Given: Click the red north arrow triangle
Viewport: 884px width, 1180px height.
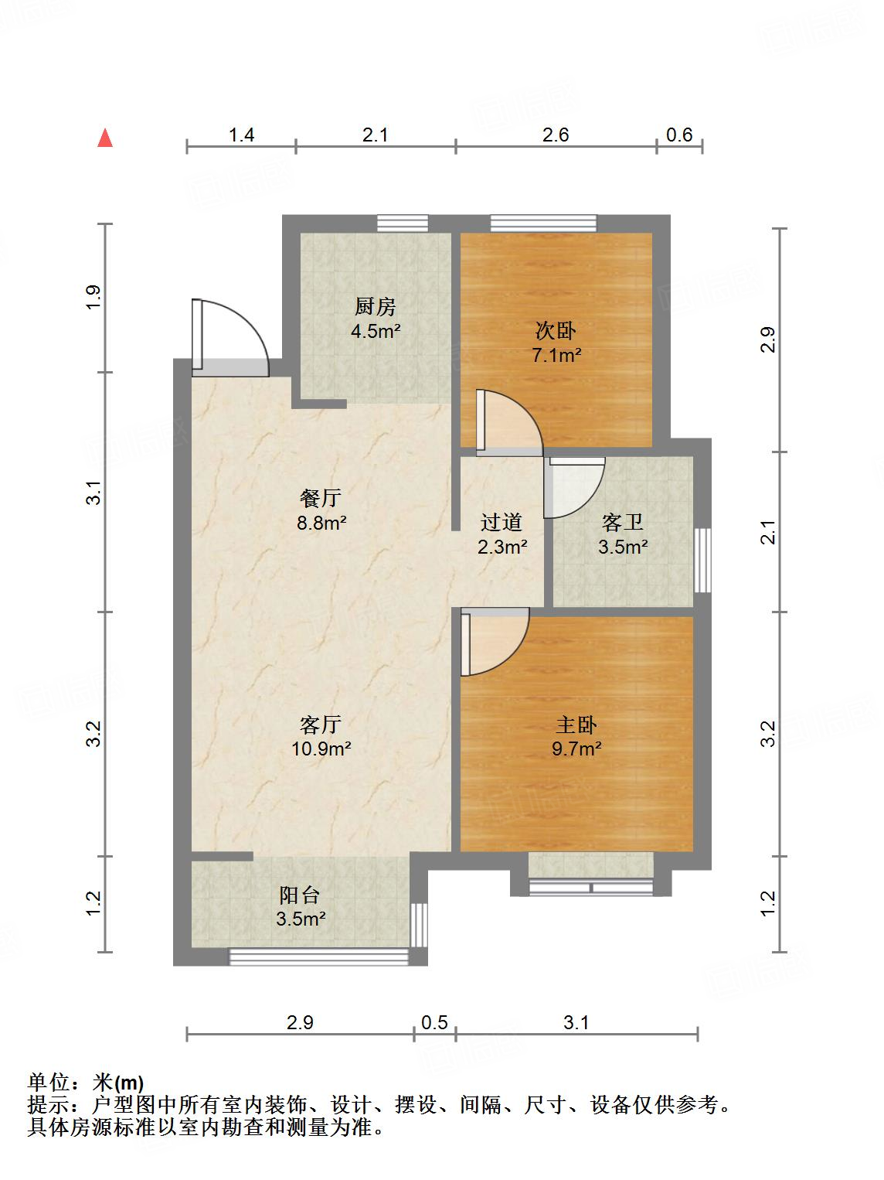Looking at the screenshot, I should [105, 139].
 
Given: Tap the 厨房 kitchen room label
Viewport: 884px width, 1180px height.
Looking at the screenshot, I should [376, 308].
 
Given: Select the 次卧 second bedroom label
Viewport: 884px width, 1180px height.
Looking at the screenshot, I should [556, 331].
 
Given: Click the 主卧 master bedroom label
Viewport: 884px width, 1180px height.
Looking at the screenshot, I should [576, 725].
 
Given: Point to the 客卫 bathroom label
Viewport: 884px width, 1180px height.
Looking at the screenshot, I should [622, 523].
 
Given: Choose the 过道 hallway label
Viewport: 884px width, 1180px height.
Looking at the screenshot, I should [501, 523].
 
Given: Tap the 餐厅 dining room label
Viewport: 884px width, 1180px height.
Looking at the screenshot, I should [321, 498].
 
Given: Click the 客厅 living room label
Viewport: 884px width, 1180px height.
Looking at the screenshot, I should [321, 725].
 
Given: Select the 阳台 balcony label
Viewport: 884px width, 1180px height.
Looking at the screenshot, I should [300, 895].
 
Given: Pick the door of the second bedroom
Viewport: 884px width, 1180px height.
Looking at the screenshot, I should [506, 421].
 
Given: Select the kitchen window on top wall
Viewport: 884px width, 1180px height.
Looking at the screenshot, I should [403, 223].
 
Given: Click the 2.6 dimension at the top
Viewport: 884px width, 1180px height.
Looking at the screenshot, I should [555, 135].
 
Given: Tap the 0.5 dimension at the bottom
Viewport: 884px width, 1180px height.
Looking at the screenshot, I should [434, 1022].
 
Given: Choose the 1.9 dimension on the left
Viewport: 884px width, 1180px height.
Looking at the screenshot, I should [93, 297].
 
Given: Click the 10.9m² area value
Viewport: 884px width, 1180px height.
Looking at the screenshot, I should [321, 749].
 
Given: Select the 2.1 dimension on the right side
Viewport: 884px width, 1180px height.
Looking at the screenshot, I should [767, 532].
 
